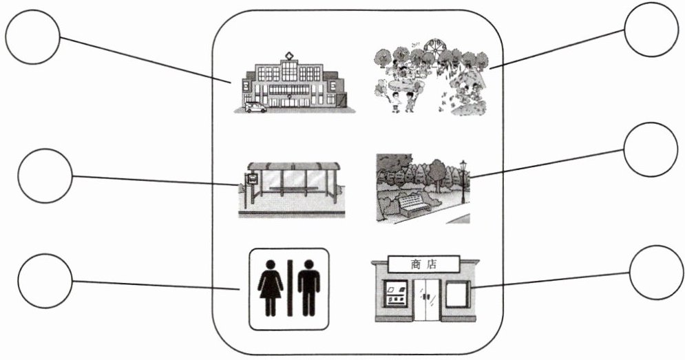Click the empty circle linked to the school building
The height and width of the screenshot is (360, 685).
(x=32, y=36)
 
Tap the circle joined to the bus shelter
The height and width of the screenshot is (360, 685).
(x=44, y=176)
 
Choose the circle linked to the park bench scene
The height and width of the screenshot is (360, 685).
(x=650, y=149)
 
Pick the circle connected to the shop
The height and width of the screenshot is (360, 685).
(x=656, y=272)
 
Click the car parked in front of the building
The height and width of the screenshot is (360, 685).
(x=255, y=107)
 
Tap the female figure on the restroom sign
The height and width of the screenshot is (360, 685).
(x=271, y=287)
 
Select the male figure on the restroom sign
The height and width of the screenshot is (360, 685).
(x=308, y=287)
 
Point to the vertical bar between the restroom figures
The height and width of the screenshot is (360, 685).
(x=289, y=287)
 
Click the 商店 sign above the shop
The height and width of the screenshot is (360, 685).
(x=424, y=263)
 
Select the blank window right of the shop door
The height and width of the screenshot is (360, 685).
(x=456, y=295)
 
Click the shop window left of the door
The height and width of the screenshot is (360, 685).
(x=395, y=296)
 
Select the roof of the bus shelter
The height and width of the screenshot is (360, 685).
(x=293, y=167)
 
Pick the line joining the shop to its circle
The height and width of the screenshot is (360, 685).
(x=551, y=279)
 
